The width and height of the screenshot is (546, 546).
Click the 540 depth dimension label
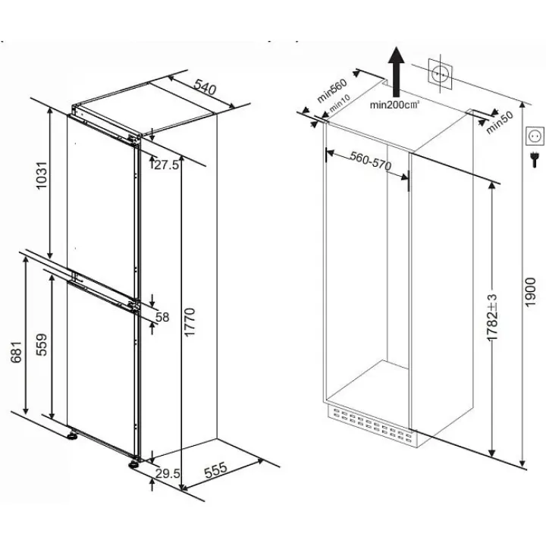coord(205,87)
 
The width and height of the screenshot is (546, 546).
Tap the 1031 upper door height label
coord(42,175)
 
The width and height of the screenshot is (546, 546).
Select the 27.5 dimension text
coord(166,165)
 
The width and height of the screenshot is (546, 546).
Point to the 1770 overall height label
coord(190,322)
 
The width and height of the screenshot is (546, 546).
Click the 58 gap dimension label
coord(162,317)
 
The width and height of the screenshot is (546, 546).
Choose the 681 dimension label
coord(17,353)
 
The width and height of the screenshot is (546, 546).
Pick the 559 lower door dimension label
coord(42,345)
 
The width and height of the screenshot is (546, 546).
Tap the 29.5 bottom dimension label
coord(168,473)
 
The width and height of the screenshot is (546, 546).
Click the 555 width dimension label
coord(215,470)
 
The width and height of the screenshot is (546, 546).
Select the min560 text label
coord(332,90)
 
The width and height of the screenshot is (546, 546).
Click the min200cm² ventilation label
coord(394,105)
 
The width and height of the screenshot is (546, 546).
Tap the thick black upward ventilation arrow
coord(397,72)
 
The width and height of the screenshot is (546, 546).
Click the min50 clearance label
coord(500,123)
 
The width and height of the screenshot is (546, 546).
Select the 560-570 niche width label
coord(371,161)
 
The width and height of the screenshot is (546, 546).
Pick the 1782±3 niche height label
coord(492,318)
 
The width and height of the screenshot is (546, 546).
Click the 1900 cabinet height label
coord(530,292)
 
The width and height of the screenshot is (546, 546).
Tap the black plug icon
coord(534,160)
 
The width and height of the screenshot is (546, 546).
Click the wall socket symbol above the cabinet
coord(440,74)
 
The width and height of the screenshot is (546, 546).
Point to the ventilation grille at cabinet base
coord(371,425)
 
